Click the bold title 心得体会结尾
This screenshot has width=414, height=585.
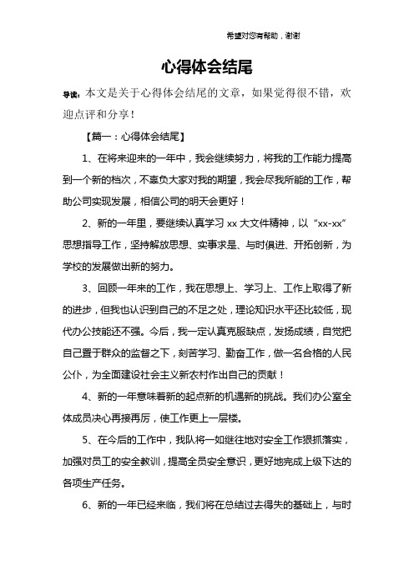(206, 65)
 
